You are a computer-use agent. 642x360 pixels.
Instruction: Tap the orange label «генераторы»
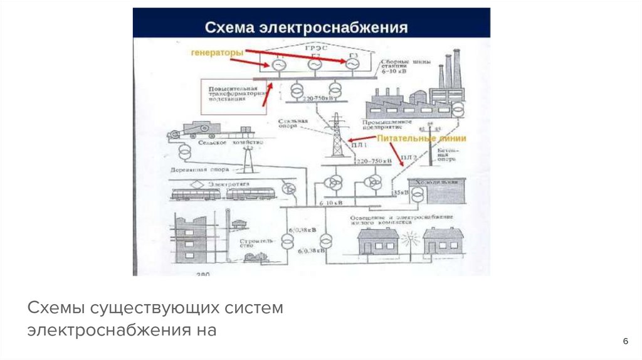pos(217,53)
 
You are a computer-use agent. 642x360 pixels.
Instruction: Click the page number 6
pos(625,341)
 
